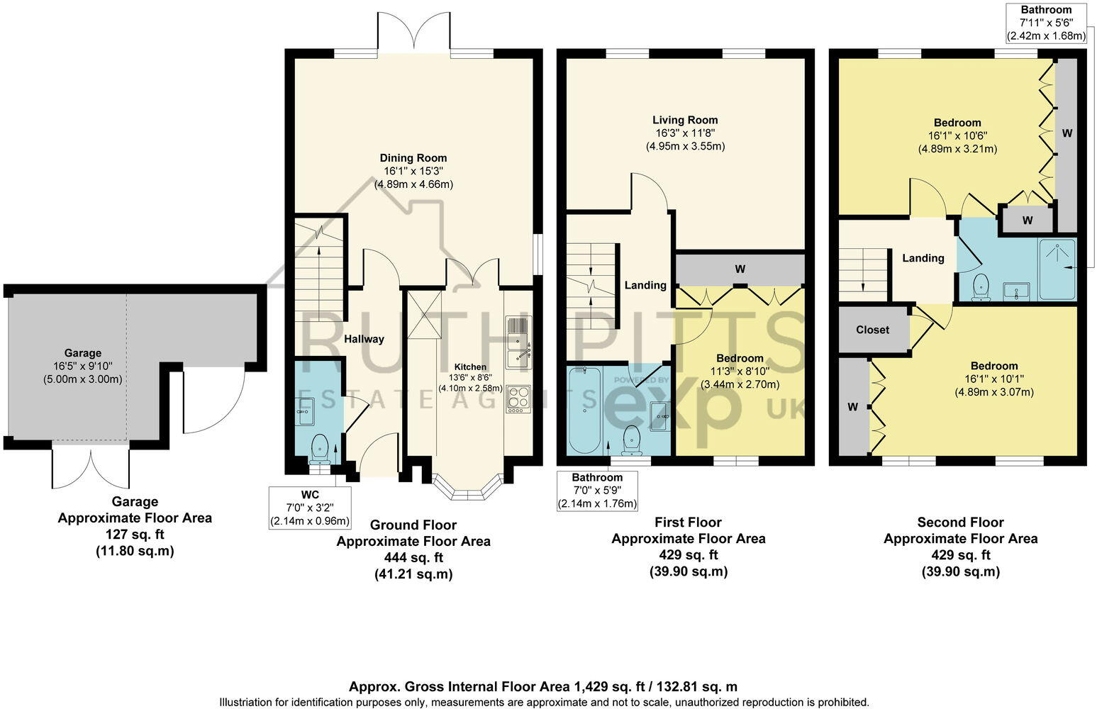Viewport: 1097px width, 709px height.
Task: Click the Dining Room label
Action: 413,158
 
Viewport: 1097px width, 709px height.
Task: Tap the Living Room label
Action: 685,121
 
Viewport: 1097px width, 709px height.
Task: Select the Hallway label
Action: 364,339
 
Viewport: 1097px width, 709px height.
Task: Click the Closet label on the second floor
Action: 872,330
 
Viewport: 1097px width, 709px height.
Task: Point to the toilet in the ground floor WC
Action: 319,446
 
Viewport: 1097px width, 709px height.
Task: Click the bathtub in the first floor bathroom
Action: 584,411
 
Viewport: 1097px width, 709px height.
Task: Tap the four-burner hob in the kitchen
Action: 519,398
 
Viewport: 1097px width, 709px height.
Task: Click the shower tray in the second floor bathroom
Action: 1057,269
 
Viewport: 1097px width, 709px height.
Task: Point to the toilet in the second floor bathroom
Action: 981,287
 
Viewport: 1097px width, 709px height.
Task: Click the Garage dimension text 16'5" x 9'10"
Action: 83,366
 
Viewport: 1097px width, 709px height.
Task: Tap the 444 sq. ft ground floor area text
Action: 413,557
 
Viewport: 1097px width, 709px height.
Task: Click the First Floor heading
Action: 688,523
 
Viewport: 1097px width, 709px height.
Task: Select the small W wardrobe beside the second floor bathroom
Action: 1027,220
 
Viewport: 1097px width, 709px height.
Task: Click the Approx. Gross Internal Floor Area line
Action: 542,686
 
